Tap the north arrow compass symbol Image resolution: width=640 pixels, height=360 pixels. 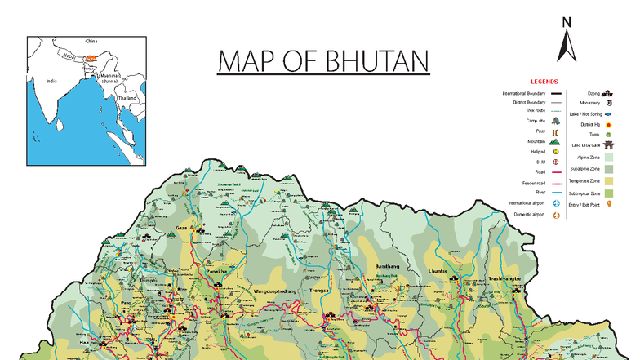(x=566, y=41)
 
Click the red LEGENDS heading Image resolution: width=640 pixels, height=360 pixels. (x=544, y=82)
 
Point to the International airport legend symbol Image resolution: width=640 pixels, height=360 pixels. (x=555, y=202)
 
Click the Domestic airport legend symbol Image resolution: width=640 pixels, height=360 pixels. (x=555, y=216)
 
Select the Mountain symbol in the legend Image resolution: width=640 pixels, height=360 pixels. (x=555, y=141)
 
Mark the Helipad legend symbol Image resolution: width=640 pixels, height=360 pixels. (x=555, y=152)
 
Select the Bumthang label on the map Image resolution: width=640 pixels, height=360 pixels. (x=388, y=267)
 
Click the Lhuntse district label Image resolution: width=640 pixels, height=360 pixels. (x=439, y=271)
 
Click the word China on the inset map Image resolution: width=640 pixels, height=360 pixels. (x=91, y=40)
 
